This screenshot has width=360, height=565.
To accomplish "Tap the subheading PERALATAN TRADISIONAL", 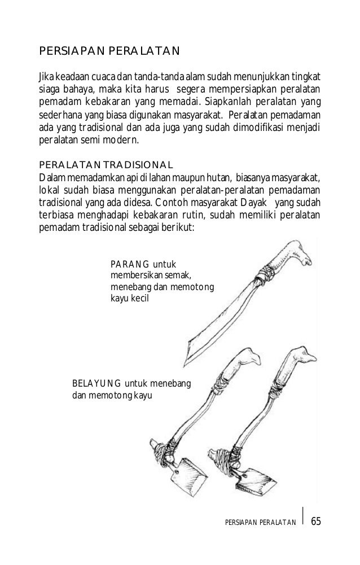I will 104,165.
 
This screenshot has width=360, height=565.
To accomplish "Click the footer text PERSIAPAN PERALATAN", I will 260,521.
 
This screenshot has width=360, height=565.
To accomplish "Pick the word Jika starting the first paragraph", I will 45,77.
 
